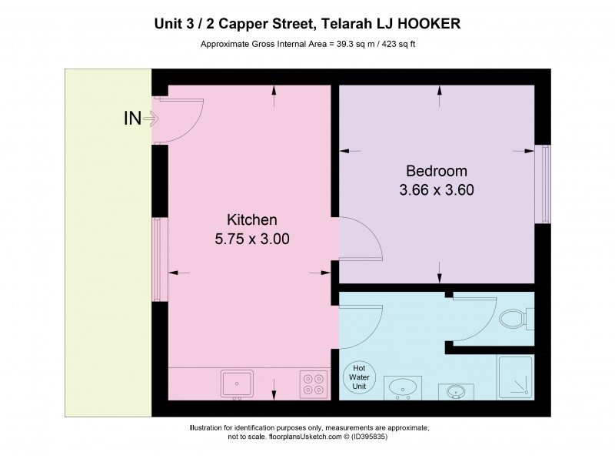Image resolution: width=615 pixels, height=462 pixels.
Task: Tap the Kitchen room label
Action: (251, 219)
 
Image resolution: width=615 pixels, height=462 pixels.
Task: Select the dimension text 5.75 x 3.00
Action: (251, 239)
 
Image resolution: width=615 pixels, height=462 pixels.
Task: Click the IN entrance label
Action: (132, 119)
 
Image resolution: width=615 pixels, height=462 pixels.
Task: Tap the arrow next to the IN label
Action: (150, 119)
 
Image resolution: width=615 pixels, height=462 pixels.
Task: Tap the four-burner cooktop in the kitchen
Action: (313, 383)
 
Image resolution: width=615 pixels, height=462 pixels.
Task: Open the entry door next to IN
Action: (181, 120)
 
